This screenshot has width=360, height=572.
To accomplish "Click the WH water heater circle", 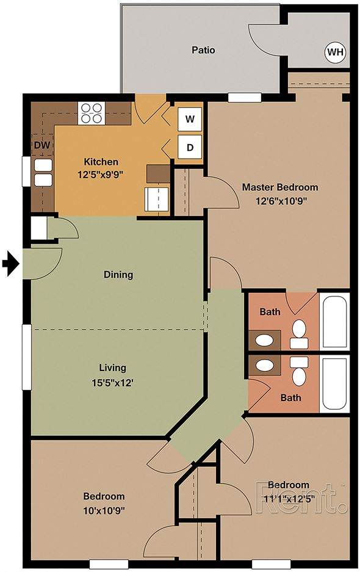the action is tap(335, 52).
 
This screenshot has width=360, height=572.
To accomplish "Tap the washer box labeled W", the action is tap(190, 119).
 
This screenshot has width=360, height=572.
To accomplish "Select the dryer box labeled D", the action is tap(190, 147).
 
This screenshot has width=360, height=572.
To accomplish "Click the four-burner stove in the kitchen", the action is tap(91, 113).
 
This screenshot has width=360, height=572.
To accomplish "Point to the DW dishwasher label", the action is tap(42, 145).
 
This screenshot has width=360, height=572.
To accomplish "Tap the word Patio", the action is tap(203, 49).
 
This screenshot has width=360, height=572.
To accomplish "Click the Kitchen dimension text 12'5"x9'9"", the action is tap(99, 175).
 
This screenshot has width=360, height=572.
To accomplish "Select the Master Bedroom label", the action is tap(280, 187).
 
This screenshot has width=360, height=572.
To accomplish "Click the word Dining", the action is tap(118, 274).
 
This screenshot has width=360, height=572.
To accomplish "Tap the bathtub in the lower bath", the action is tap(335, 385).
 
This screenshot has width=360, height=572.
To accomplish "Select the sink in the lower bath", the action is tap(264, 365).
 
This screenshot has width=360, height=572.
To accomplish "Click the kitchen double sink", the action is tap(43, 173).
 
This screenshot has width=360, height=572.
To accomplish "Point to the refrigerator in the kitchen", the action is tap(157, 199).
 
